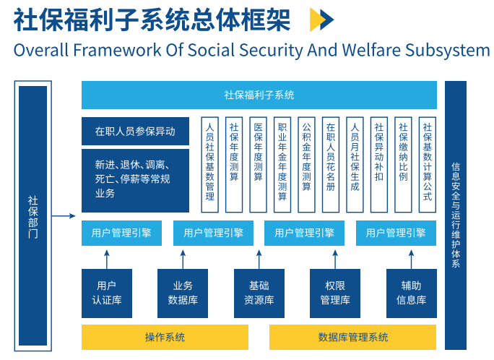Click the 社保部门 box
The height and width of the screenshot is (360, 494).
click(33, 216)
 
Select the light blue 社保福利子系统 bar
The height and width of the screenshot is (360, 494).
click(259, 95)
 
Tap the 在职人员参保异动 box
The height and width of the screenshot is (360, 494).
click(135, 132)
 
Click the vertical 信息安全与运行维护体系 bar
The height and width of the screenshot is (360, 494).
click(455, 215)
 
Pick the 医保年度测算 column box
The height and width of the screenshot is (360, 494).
click(258, 165)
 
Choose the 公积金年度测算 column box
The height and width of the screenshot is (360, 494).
click(306, 165)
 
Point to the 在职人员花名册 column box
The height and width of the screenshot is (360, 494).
click(330, 165)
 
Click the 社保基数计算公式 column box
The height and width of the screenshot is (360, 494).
click(427, 165)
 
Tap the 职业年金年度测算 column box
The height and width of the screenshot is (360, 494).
click(282, 165)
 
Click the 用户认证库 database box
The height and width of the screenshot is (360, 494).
click(106, 293)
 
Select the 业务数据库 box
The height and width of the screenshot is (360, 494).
click(183, 293)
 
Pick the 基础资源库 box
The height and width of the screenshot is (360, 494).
click(259, 293)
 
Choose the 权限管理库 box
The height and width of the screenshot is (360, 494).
click(335, 293)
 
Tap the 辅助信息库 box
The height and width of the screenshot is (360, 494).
click(411, 293)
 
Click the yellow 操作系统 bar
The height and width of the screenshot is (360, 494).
click(165, 337)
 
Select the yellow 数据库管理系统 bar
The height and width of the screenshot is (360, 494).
click(352, 337)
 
